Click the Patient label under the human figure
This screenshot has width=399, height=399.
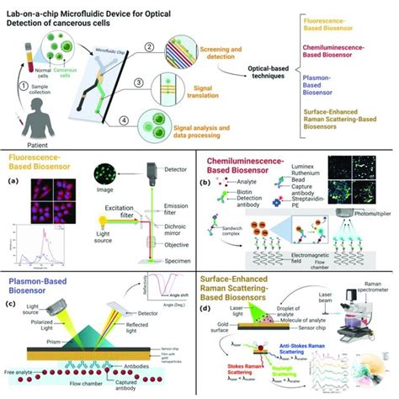click(30, 141)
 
